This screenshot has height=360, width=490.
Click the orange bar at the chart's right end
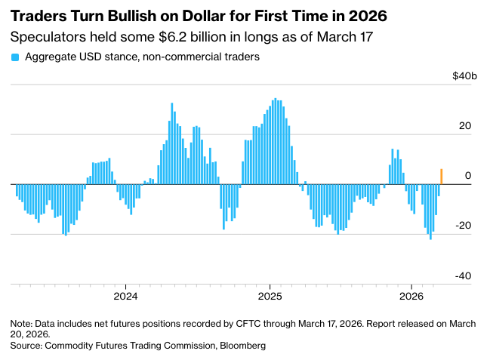click(442, 177)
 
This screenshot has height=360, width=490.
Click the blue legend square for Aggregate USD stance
click(15, 57)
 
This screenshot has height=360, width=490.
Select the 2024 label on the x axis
click(125, 294)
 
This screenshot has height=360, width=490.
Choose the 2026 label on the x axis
click(411, 294)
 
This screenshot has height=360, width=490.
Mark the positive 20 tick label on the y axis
click(465, 126)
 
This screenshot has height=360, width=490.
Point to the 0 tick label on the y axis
click(468, 176)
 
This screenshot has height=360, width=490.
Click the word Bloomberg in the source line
click(240, 345)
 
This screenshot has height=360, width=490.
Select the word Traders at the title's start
click(36, 15)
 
